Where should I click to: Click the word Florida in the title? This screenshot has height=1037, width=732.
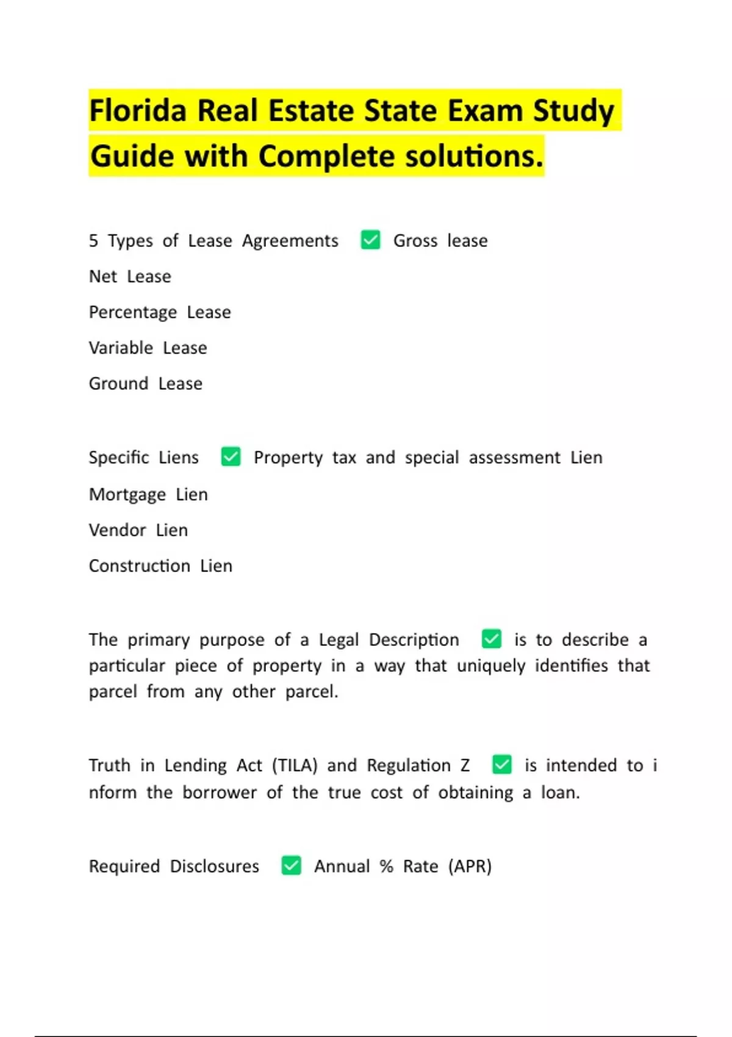[138, 111]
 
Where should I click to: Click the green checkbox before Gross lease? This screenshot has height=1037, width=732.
[370, 240]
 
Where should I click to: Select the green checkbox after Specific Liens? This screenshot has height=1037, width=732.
[231, 456]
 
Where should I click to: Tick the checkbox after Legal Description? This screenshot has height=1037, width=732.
[491, 639]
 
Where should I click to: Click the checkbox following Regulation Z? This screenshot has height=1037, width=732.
[501, 764]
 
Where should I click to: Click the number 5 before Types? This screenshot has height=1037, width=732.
[93, 240]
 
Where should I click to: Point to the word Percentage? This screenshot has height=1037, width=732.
[133, 312]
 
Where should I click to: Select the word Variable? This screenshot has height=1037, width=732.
[121, 348]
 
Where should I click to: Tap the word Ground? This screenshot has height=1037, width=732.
[118, 384]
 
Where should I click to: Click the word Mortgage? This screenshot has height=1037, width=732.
[127, 495]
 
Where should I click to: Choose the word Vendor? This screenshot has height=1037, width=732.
[117, 530]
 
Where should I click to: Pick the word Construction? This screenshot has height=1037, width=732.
[139, 566]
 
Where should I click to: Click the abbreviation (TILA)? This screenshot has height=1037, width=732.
[295, 765]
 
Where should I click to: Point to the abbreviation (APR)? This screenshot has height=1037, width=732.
[470, 866]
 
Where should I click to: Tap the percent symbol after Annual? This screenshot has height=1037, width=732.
[386, 866]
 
